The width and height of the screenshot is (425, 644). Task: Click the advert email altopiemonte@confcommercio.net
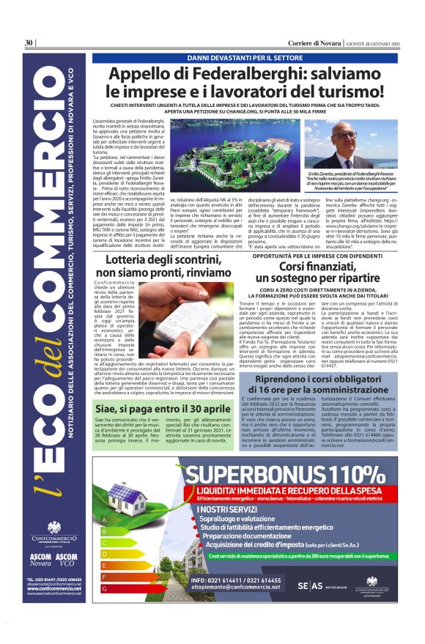click(x=245, y=588)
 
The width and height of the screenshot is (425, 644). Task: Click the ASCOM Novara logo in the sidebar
click(x=40, y=558)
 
